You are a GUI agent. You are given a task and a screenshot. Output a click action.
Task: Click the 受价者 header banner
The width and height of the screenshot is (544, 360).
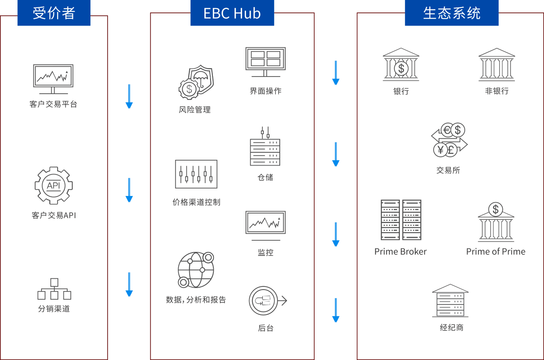(x=54, y=12)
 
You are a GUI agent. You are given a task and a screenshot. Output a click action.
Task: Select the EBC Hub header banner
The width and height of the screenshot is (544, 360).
(x=232, y=12)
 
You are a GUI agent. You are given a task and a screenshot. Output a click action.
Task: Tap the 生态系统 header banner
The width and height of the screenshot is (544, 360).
(x=452, y=12)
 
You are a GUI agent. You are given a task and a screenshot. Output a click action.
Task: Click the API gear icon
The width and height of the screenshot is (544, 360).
(x=54, y=185)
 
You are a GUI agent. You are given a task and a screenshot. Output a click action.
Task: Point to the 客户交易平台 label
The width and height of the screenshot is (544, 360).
(x=54, y=104)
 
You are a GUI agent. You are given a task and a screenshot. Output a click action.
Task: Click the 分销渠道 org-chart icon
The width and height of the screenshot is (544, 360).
(x=54, y=289)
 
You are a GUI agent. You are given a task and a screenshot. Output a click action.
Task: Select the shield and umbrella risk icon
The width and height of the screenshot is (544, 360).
(x=196, y=82)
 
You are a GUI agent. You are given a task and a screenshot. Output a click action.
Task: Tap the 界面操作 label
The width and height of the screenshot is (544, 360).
(x=266, y=91)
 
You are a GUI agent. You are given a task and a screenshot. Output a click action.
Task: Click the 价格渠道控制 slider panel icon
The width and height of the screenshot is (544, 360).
(x=196, y=174)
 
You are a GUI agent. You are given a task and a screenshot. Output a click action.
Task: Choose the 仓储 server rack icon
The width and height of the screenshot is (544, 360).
(x=265, y=146)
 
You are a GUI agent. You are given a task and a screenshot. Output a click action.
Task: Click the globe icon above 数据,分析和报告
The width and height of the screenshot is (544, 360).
(x=196, y=270)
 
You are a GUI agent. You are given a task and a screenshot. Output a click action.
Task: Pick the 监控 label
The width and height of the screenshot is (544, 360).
(x=266, y=253)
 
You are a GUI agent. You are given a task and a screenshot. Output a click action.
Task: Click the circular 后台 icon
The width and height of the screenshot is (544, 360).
(x=268, y=301)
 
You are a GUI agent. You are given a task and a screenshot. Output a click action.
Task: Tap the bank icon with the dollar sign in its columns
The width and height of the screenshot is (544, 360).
(x=401, y=65)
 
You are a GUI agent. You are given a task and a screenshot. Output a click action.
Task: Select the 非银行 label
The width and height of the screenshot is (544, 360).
(x=497, y=91)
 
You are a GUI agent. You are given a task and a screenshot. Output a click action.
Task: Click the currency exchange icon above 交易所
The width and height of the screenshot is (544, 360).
(x=450, y=140)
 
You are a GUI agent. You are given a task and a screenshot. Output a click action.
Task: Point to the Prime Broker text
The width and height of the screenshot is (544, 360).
(x=401, y=252)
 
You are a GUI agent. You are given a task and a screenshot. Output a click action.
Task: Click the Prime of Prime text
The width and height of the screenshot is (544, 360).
(x=496, y=252)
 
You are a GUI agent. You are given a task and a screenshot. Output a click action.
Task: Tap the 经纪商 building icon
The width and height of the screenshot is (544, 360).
(x=450, y=301)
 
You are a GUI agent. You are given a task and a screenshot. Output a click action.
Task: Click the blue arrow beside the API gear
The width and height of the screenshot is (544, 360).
(x=129, y=190)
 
